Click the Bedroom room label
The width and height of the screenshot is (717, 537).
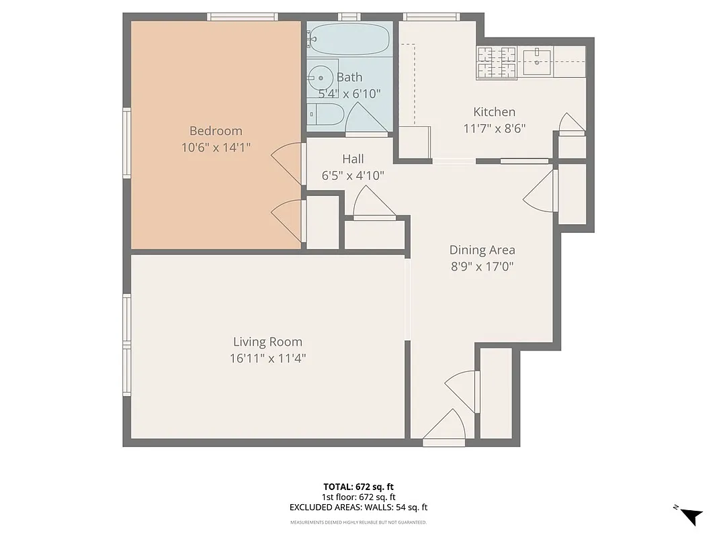(x=215, y=131)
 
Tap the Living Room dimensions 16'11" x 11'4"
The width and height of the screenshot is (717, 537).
(x=267, y=358)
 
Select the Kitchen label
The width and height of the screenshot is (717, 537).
(x=494, y=112)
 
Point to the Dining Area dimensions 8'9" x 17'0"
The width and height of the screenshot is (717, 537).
(x=482, y=266)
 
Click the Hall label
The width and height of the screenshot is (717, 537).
(x=353, y=159)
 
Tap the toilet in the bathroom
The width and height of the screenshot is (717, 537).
(x=324, y=115)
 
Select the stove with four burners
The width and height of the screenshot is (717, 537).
(x=497, y=62)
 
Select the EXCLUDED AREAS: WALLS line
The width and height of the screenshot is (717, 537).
(x=358, y=508)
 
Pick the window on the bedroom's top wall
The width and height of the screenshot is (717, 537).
(x=242, y=17)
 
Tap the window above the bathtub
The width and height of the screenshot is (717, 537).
(x=349, y=17)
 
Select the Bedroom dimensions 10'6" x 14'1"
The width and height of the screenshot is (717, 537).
(x=215, y=148)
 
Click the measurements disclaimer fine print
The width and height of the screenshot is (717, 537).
(x=358, y=522)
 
